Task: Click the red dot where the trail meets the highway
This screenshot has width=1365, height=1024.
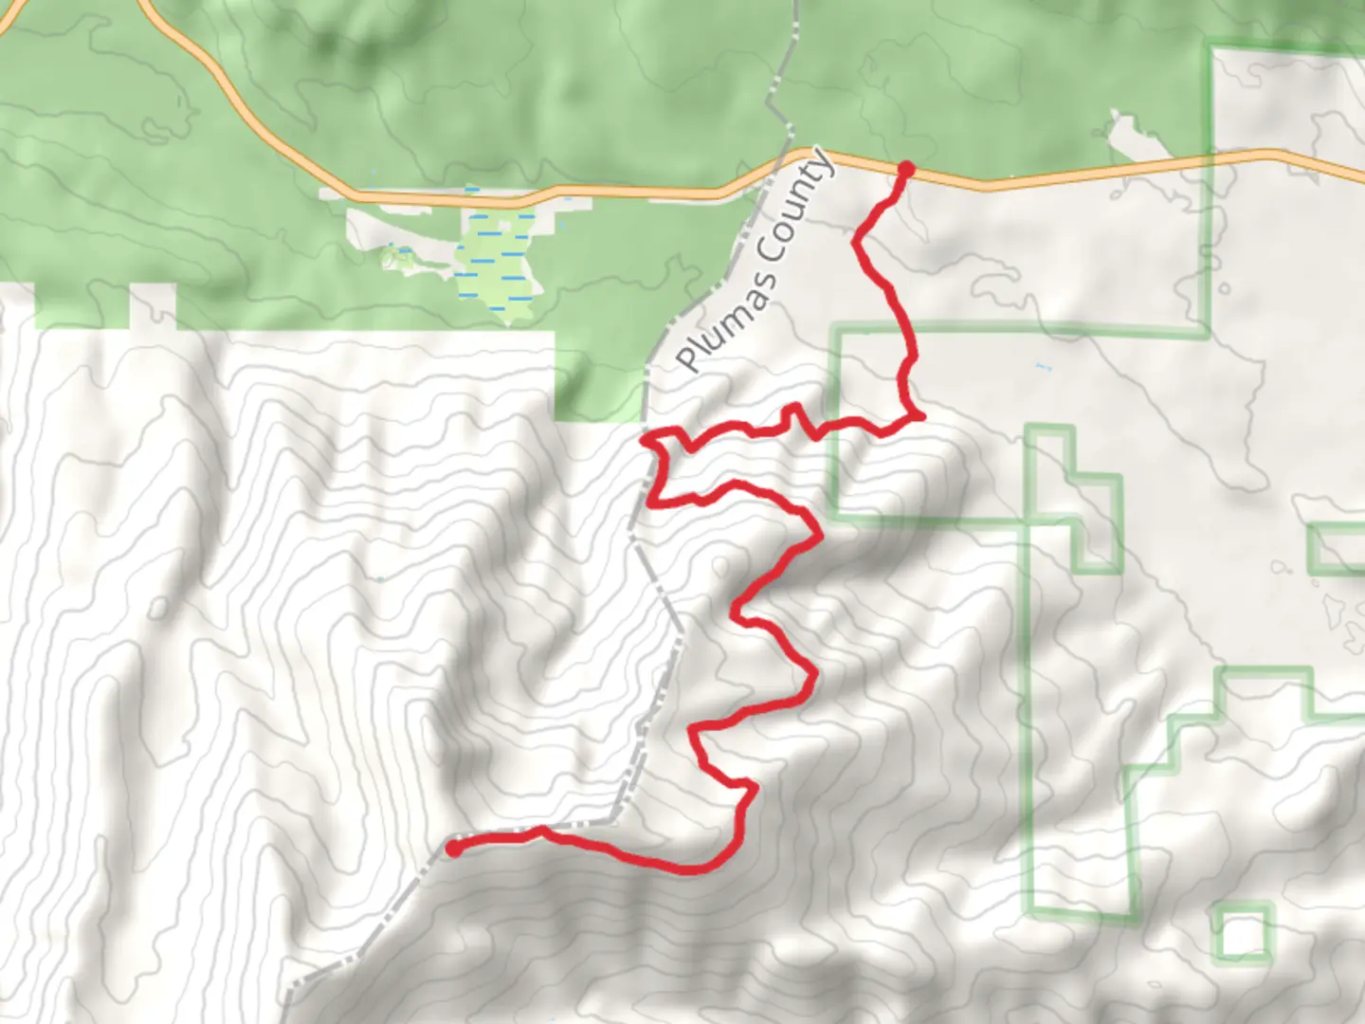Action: [905, 170]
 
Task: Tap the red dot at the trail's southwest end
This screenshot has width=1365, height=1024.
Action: [455, 848]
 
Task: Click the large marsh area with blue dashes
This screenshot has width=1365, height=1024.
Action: [498, 261]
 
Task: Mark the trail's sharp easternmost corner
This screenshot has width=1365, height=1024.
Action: [919, 415]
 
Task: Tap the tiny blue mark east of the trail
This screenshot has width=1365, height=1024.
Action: [1045, 367]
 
